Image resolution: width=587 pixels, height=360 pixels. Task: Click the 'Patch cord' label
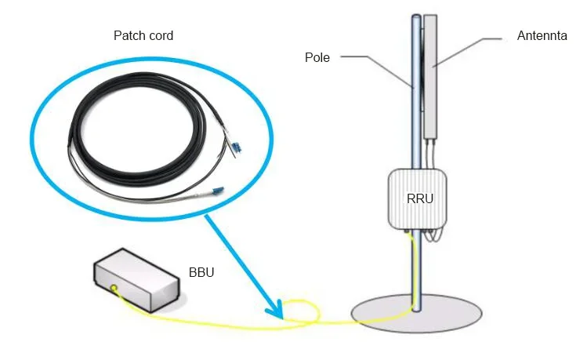point(143,36)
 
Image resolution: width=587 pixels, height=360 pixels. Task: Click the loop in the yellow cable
point(303,311)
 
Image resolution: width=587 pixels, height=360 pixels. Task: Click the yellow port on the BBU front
point(114,289)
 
